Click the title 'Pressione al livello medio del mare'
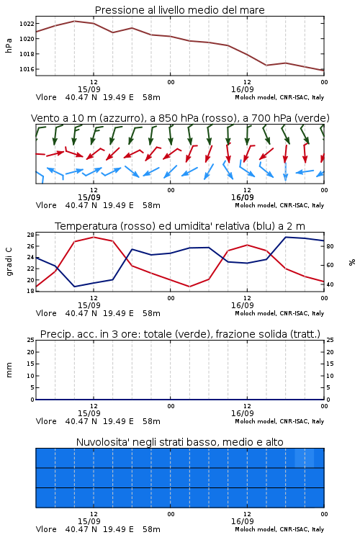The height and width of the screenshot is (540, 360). coord(179,10)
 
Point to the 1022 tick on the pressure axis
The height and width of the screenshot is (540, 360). coord(27,24)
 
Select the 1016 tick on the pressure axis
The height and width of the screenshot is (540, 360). coord(27,69)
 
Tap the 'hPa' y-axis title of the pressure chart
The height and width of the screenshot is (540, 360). coord(9,45)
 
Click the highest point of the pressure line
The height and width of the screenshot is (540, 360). coord(74,21)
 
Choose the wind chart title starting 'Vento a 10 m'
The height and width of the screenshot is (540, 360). coord(180,118)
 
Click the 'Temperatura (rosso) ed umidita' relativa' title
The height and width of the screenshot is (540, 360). coord(179,226)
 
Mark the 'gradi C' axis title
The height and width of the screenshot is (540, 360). coord(9,262)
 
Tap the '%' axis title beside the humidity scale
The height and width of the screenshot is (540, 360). coord(352,262)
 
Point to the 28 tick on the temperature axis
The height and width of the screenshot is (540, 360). coord(30,235)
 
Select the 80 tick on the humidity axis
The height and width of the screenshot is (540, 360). coord(330,246)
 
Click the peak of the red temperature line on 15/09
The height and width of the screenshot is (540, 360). coord(94,237)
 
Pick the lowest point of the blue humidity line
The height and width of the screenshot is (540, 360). coord(74,287)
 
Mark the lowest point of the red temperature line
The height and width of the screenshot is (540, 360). coord(189,287)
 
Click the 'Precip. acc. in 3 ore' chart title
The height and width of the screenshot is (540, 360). coord(180,334)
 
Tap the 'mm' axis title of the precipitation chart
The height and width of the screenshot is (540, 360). coord(9,369)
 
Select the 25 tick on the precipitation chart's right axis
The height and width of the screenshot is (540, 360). coord(330,340)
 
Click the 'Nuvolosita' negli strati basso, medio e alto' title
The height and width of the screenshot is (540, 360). coord(179,442)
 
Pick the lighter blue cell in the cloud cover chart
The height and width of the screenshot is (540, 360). coord(304,458)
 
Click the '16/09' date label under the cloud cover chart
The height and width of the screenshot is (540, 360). coord(242,521)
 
